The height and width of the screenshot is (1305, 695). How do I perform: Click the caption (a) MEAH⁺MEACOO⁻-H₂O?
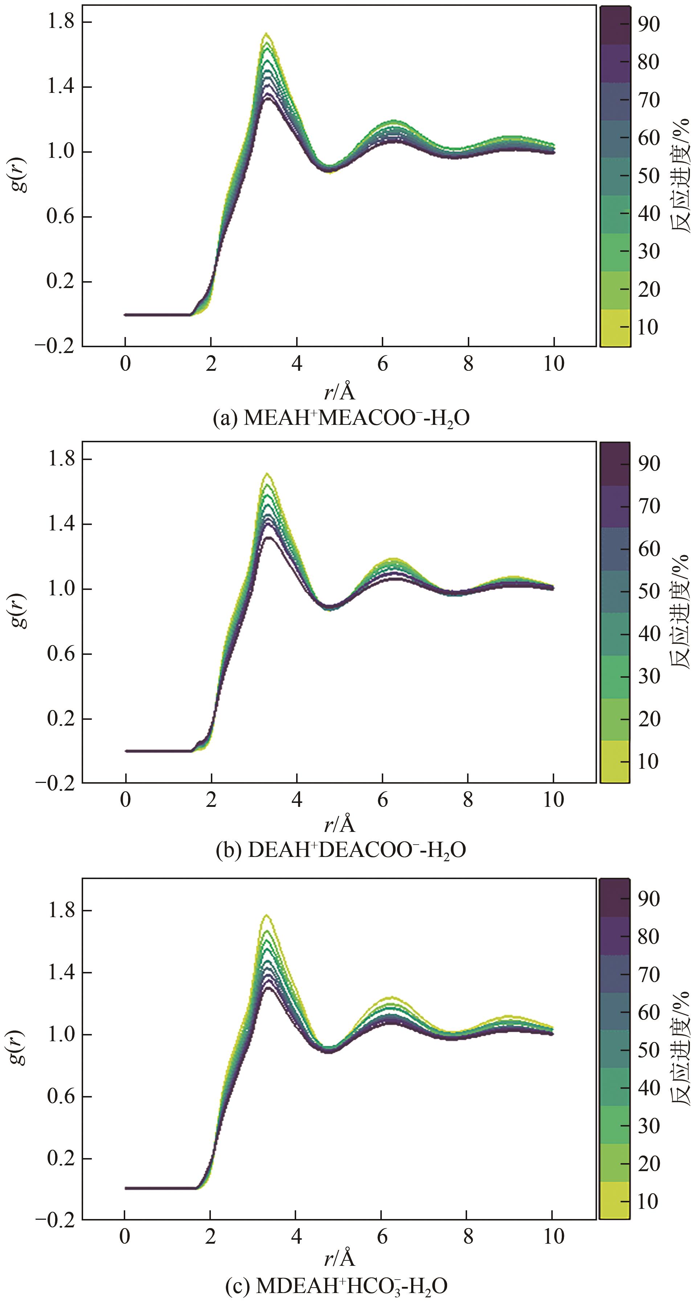(341, 418)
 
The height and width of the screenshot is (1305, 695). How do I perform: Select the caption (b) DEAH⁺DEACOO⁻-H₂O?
(341, 850)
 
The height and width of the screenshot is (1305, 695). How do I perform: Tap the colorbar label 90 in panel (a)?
(648, 24)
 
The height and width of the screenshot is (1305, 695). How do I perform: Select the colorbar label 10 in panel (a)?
(648, 327)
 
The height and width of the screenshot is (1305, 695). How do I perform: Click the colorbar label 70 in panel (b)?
(648, 506)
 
